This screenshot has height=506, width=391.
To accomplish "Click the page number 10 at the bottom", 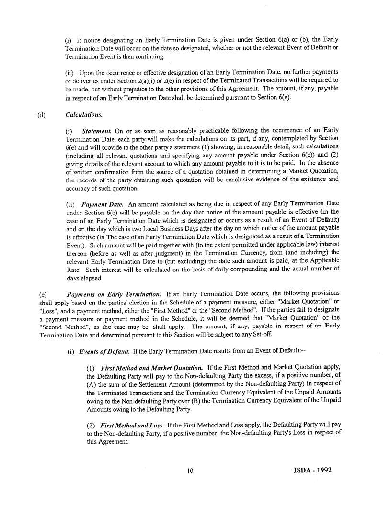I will pyautogui.click(x=190, y=471).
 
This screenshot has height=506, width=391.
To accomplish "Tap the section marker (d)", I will pyautogui.click(x=41, y=115).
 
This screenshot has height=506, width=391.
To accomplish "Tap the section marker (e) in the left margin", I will pyautogui.click(x=41, y=294).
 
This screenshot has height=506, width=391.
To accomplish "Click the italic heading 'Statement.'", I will pyautogui.click(x=97, y=130).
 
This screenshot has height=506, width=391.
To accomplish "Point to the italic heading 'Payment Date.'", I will pyautogui.click(x=100, y=204).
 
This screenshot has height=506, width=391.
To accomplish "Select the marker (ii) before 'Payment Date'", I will pyautogui.click(x=70, y=204).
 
